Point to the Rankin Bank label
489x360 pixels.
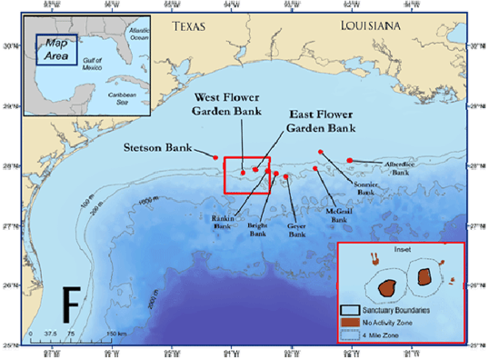223,223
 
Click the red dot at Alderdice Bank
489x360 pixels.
350,161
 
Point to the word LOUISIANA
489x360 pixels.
370,26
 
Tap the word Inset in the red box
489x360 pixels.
401,250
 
